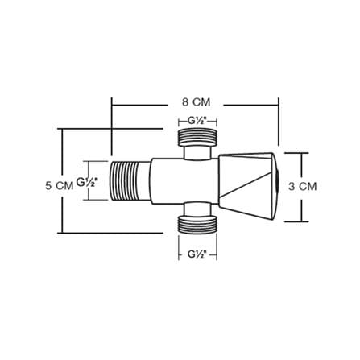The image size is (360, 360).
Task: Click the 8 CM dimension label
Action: [197, 102]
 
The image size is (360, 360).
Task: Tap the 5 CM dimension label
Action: [59, 186]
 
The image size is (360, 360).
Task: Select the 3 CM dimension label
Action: [303, 186]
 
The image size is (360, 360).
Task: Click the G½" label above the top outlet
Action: [197, 121]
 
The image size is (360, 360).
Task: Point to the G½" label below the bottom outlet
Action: [197, 254]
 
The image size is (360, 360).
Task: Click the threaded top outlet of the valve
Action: [197, 137]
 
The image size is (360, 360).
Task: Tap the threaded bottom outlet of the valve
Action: [197, 225]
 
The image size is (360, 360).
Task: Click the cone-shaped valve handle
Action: [247, 187]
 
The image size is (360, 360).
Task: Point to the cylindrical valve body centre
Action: [184, 181]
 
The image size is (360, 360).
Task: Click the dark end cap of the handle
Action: [277, 186]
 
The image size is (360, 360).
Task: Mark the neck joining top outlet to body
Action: [197, 152]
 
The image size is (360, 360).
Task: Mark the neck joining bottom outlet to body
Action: [197, 209]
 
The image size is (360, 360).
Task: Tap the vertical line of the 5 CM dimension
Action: [62, 181]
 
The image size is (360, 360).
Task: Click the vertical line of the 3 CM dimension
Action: [302, 187]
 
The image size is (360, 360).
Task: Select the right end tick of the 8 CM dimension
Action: [279, 122]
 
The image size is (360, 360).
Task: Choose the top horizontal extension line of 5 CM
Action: [110, 129]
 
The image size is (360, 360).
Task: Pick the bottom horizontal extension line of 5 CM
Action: [110, 233]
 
